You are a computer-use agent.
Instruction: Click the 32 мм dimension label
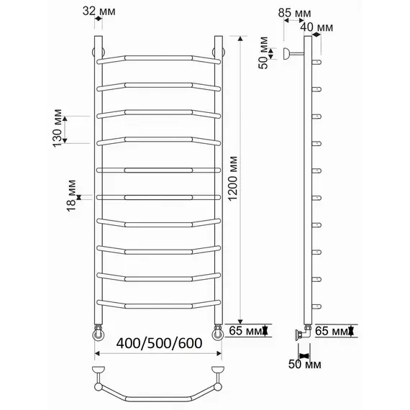point(99,12)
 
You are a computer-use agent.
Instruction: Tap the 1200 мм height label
point(232,178)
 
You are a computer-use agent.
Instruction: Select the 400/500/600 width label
point(159,343)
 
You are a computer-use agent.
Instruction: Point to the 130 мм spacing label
point(58,128)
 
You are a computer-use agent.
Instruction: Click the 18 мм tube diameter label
point(71,196)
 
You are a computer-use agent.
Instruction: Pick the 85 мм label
point(294,13)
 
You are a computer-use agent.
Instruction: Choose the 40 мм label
point(316,27)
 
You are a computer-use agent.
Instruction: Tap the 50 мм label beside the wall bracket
point(263,53)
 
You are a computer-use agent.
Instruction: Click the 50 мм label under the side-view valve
point(305,364)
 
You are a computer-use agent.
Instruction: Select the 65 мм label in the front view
point(245,330)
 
